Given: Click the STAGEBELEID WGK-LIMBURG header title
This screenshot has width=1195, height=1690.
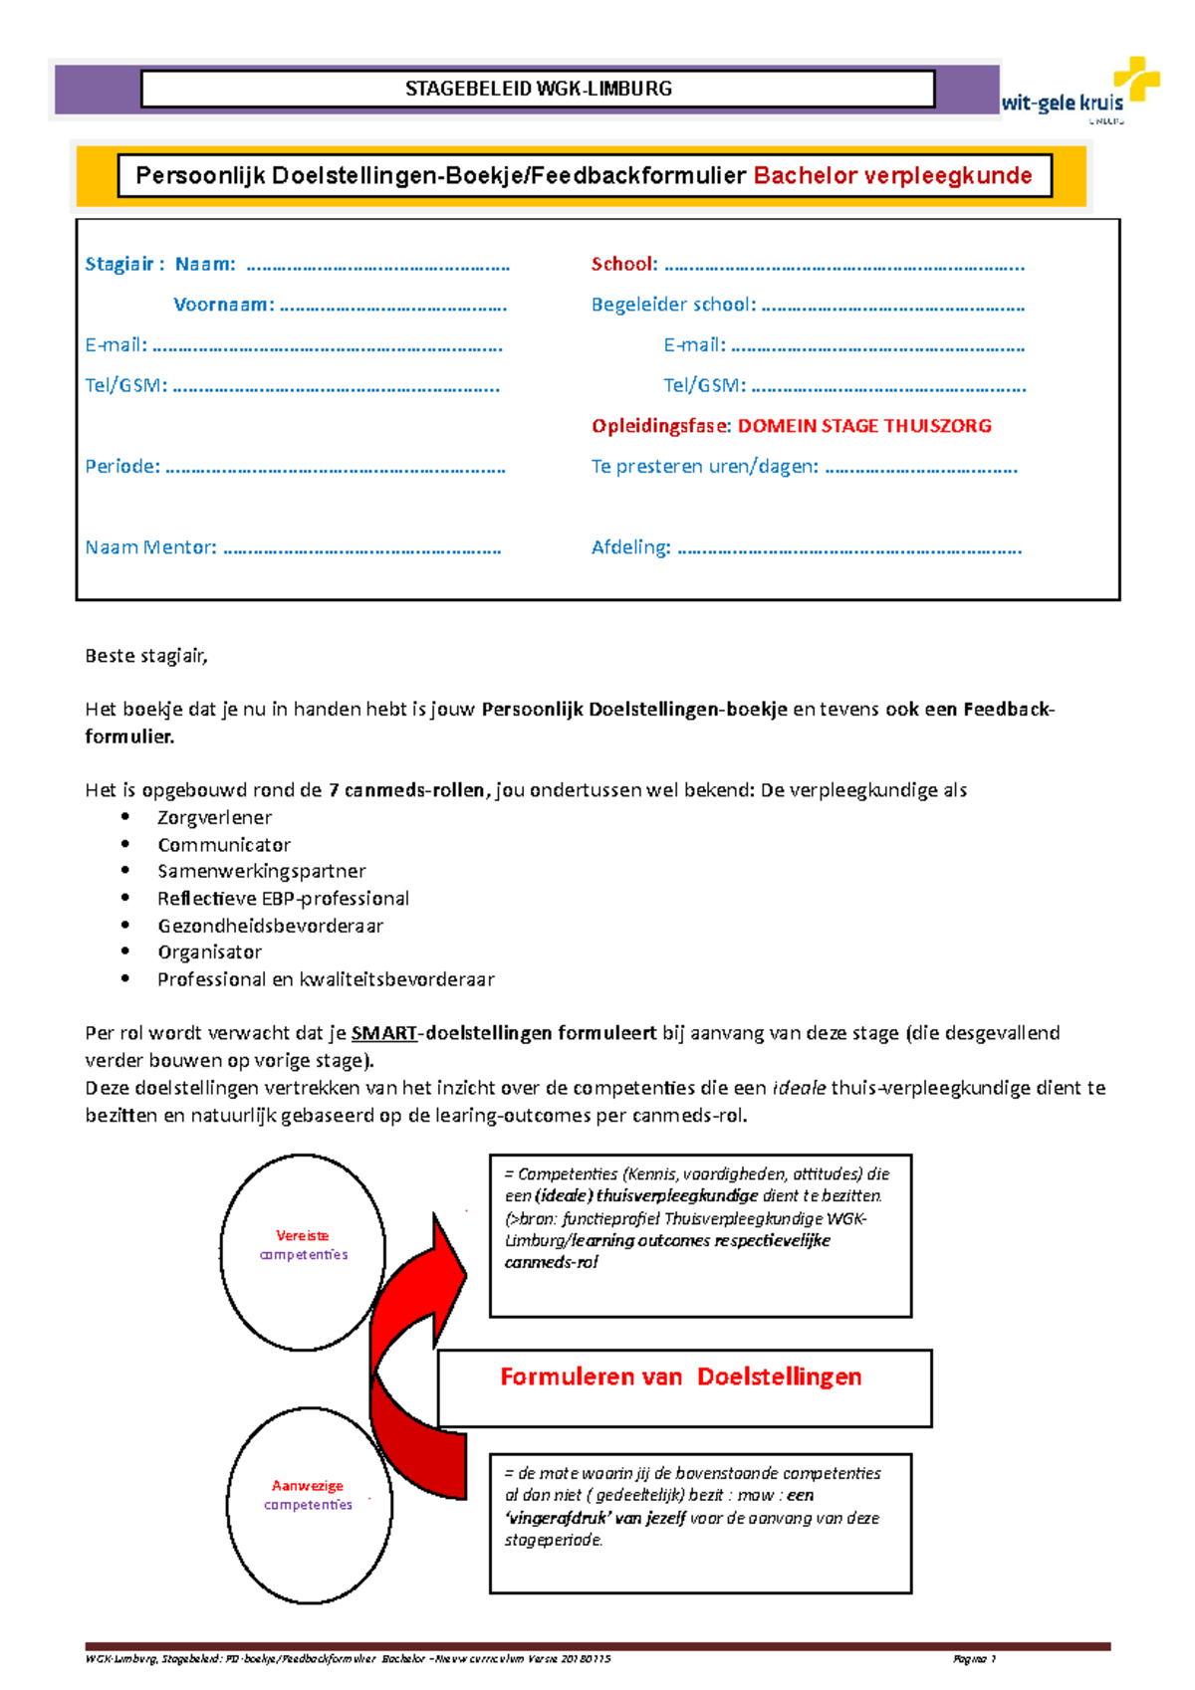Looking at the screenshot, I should (x=538, y=89).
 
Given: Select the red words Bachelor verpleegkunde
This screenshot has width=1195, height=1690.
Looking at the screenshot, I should (x=892, y=176).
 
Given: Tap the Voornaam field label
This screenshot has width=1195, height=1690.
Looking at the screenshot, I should (x=223, y=305).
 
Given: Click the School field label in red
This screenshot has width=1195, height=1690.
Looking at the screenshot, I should (x=623, y=264).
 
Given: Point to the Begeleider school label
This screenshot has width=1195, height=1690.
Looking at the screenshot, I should (x=673, y=305).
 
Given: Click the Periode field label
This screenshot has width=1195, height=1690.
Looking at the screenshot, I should (x=121, y=466).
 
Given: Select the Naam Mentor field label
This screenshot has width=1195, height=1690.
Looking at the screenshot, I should (x=150, y=547).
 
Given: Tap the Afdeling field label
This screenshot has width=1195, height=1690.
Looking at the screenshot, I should (x=630, y=547).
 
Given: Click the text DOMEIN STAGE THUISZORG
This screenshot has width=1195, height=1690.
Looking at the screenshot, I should (x=863, y=426).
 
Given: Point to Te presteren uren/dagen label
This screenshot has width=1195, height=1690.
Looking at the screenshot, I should (x=704, y=466).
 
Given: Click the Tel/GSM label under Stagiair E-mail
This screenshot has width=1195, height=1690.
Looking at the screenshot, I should (x=125, y=385).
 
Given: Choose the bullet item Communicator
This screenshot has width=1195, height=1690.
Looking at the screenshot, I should (x=224, y=845).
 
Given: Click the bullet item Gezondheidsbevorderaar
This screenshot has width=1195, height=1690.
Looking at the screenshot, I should (x=270, y=926).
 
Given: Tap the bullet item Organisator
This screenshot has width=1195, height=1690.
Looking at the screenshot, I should (x=209, y=952).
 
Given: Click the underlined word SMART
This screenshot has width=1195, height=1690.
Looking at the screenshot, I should (x=383, y=1033).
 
